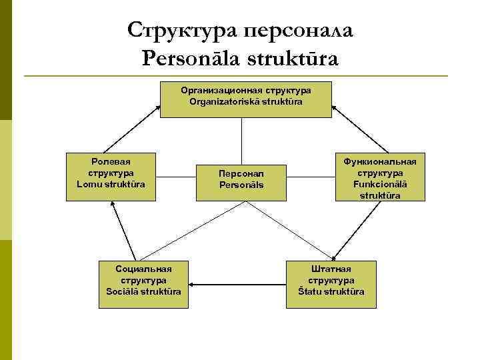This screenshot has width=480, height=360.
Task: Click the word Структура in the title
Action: click(181, 29)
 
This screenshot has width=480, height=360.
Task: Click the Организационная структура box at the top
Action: click(245, 99)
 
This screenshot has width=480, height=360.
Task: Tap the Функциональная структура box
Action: click(380, 178)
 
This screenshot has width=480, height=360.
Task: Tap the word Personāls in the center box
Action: click(241, 185)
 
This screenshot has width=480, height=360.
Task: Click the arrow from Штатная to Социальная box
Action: click(237, 285)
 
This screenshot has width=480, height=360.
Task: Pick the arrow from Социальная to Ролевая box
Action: click(125, 230)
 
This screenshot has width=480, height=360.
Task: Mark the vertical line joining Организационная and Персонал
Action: click(241, 141)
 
